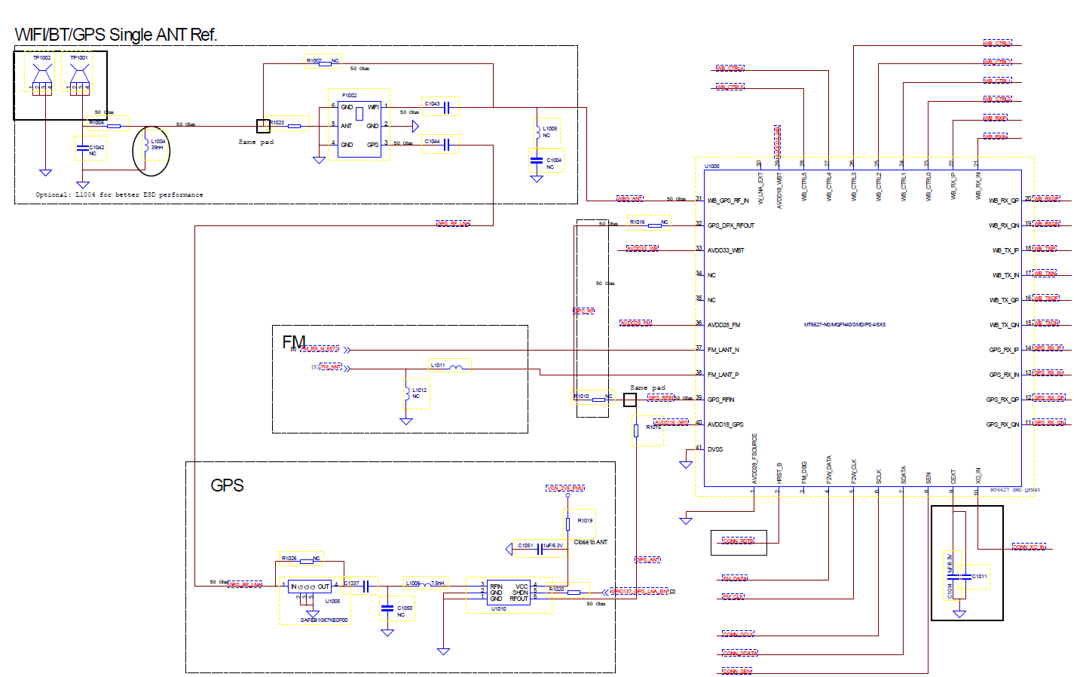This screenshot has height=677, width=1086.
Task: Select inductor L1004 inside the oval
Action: [x=145, y=146]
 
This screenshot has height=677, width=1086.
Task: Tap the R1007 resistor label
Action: [x=314, y=60]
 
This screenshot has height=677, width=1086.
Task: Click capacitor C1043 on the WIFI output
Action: [x=446, y=107]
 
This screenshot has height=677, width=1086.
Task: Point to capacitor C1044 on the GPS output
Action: [x=446, y=144]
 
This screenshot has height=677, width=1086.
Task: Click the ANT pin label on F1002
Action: [x=346, y=126]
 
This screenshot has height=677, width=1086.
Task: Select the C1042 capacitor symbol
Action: [x=82, y=148]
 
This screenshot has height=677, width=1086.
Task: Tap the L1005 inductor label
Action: [x=550, y=129]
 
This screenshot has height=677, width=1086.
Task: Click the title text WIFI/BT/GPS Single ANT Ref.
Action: [x=116, y=35]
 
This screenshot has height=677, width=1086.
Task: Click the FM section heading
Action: [x=293, y=342]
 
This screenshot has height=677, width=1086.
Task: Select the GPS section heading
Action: [x=227, y=486]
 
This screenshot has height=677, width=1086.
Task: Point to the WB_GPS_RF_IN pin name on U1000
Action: [x=728, y=201]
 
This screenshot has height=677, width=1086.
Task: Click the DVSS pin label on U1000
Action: [x=715, y=449]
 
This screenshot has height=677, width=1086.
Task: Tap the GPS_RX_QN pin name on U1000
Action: [x=1002, y=424]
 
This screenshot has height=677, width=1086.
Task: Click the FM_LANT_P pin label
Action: [x=723, y=375]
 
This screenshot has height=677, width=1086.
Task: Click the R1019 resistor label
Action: [x=585, y=521]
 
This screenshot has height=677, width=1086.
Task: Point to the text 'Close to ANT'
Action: [x=590, y=542]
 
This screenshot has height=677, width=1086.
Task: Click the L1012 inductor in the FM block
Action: [x=407, y=393]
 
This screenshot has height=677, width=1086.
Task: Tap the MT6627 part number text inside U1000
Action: [x=844, y=325]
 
